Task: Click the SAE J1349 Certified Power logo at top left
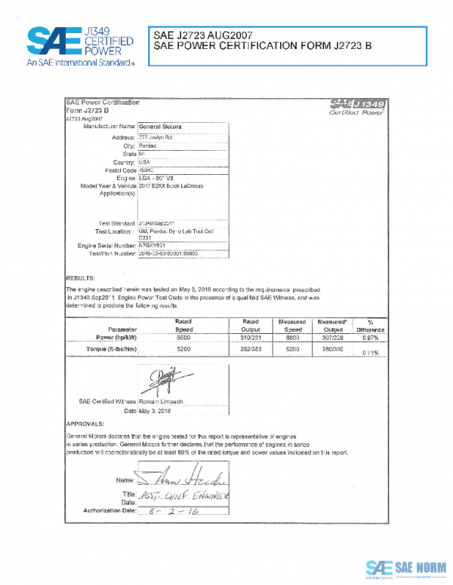tap(80, 46)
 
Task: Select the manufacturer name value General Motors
tap(161, 127)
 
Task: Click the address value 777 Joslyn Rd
tap(156, 138)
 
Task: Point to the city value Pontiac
tap(149, 145)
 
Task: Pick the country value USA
tap(144, 162)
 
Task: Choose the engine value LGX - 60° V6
tap(157, 178)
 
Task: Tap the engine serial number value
tap(154, 246)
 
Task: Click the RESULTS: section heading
tap(80, 277)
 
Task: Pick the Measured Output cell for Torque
tap(333, 351)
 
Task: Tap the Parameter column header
tap(122, 329)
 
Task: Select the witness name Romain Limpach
tap(162, 402)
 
